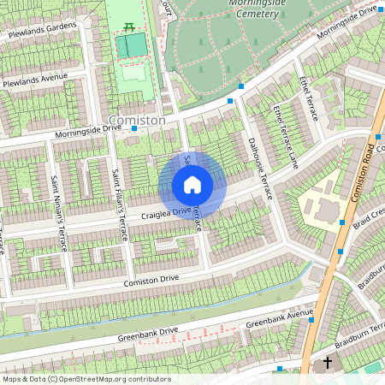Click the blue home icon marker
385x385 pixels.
(x=192, y=185)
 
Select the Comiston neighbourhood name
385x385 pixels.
(x=137, y=121)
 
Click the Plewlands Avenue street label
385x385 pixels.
(x=34, y=81)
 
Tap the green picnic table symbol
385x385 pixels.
(x=129, y=27)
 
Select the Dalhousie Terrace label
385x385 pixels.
(x=259, y=168)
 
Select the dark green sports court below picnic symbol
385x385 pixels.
(x=132, y=47)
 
